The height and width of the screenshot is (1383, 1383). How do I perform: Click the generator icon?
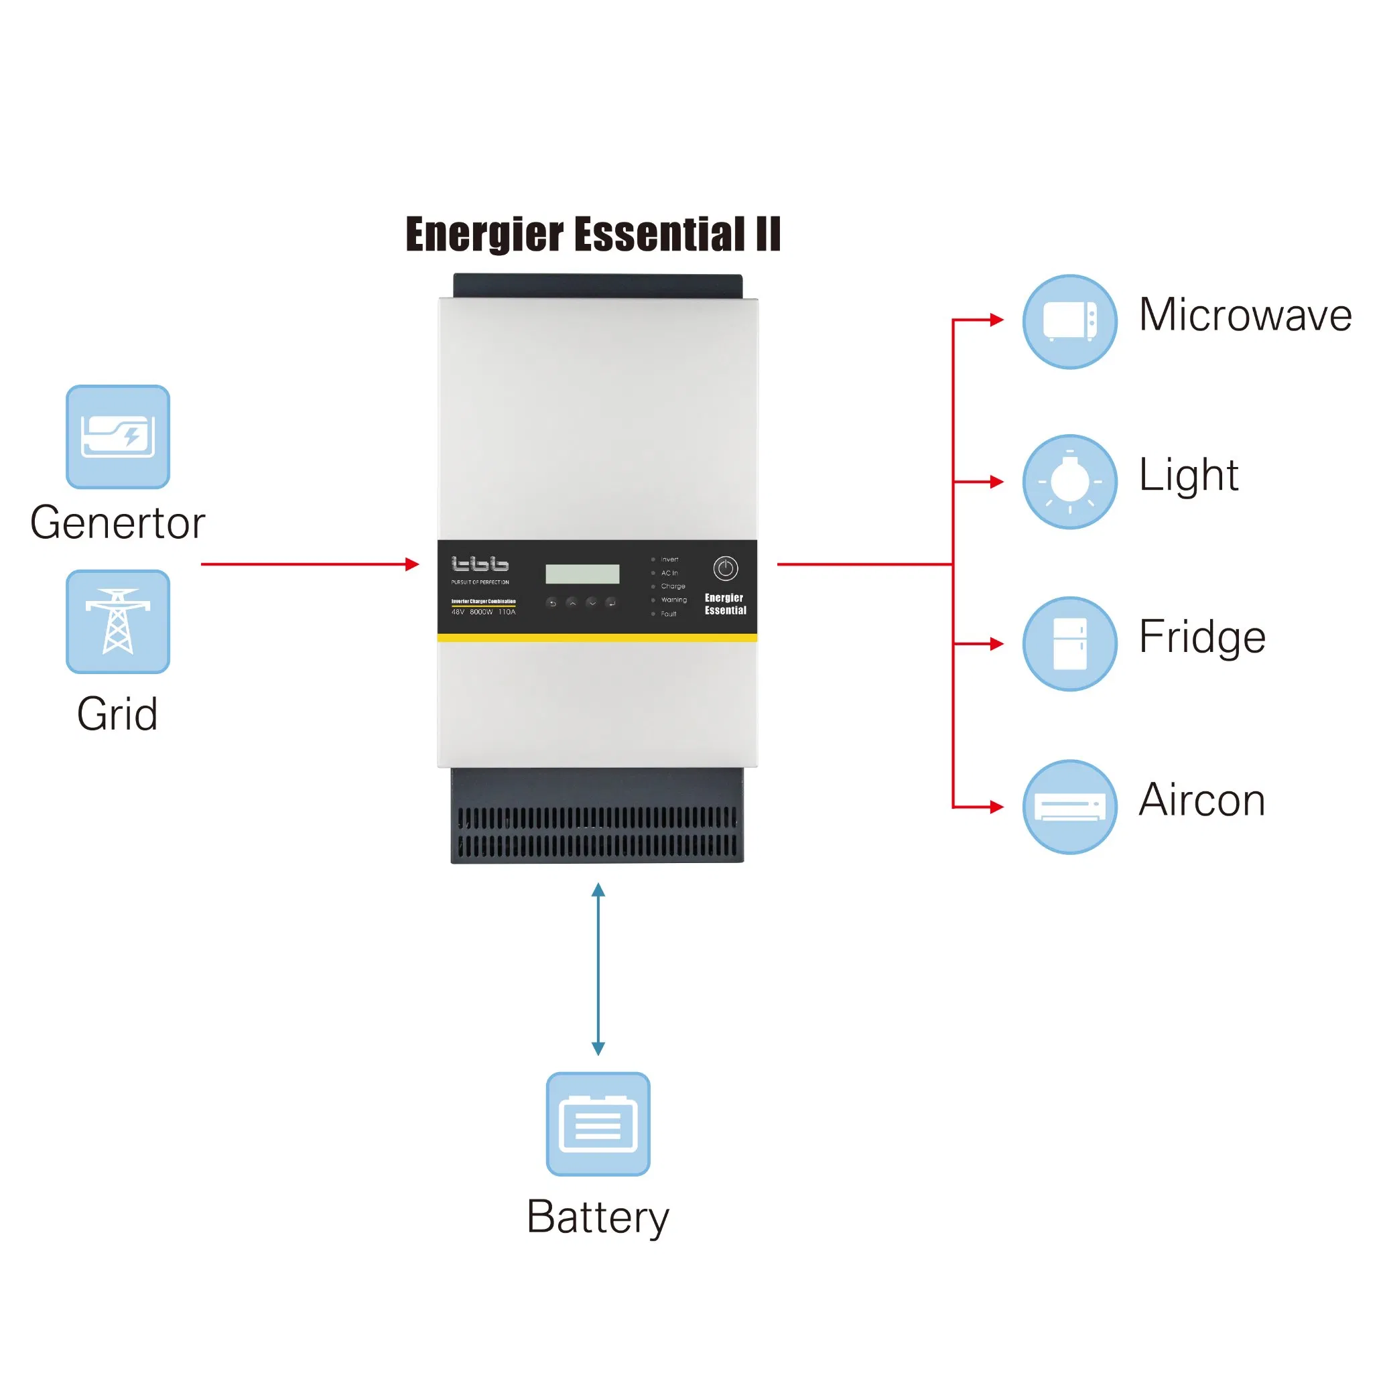(x=118, y=437)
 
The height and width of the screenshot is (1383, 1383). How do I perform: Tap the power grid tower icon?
(x=118, y=621)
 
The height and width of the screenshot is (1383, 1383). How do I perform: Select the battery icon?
(x=598, y=1124)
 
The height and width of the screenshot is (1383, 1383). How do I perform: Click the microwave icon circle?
(x=1069, y=322)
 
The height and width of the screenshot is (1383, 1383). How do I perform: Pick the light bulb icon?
(x=1069, y=482)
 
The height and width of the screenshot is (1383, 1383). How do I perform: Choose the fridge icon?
(x=1069, y=643)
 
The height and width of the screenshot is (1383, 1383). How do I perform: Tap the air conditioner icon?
(x=1069, y=807)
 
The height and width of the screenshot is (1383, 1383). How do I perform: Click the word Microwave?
(x=1245, y=315)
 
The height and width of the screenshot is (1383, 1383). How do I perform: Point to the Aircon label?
(x=1202, y=799)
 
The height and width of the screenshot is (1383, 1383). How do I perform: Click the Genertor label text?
(x=117, y=523)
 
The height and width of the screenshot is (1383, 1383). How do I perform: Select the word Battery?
(x=598, y=1217)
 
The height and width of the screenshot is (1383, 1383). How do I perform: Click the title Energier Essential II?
(x=593, y=234)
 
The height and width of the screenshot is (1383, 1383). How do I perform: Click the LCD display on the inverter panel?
(x=582, y=574)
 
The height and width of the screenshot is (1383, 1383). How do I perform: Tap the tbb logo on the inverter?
(x=480, y=564)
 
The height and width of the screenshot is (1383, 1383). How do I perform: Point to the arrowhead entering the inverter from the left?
(x=412, y=564)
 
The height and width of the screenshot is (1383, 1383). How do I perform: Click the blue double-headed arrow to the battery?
(x=598, y=970)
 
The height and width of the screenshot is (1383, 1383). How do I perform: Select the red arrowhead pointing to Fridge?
(x=996, y=643)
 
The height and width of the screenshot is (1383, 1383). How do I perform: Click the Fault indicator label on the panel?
(x=669, y=614)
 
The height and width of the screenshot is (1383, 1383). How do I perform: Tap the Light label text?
(x=1188, y=475)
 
